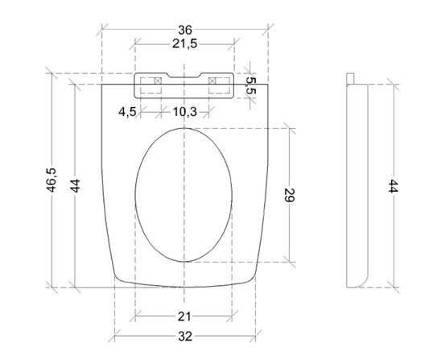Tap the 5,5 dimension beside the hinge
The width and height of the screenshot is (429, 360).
[250, 86]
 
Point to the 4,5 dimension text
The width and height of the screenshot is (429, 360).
[127, 112]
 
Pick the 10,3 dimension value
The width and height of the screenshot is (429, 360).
[184, 112]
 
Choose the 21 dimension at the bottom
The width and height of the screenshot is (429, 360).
[184, 315]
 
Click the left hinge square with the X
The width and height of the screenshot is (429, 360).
[157, 81]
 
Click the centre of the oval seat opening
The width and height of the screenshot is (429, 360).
[184, 196]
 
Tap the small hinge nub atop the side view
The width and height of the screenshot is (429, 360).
[352, 77]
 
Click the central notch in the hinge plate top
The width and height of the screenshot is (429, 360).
[184, 78]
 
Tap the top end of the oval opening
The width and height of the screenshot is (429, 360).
[184, 127]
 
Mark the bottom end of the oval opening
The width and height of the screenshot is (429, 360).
[184, 263]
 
